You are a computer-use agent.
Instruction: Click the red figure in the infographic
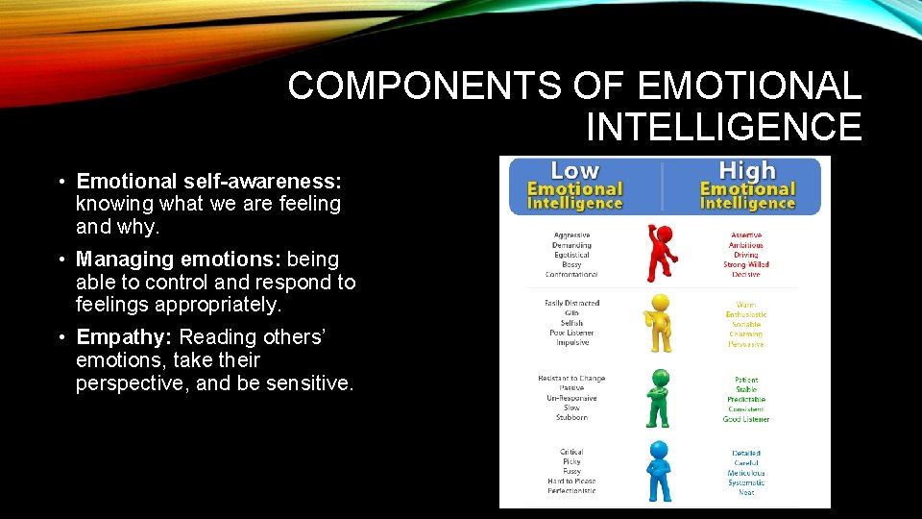pyautogui.click(x=661, y=252)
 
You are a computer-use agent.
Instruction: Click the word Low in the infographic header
pyautogui.click(x=574, y=171)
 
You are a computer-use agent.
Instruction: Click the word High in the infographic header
pyautogui.click(x=746, y=171)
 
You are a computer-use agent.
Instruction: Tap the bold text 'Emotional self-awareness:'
pyautogui.click(x=209, y=182)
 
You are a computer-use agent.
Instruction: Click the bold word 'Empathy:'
pyautogui.click(x=125, y=337)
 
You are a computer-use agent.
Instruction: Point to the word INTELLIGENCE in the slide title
pyautogui.click(x=723, y=127)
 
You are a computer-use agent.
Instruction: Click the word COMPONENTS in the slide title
pyautogui.click(x=424, y=86)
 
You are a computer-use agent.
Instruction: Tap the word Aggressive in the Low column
pyautogui.click(x=571, y=235)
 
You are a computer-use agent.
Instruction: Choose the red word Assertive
pyautogui.click(x=746, y=235)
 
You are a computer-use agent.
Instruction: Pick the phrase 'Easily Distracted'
pyautogui.click(x=571, y=304)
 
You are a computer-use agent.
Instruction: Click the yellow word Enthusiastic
pyautogui.click(x=746, y=315)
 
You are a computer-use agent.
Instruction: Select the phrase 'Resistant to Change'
pyautogui.click(x=571, y=379)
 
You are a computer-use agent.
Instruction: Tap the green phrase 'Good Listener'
pyautogui.click(x=746, y=419)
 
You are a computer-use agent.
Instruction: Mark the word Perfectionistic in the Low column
pyautogui.click(x=571, y=491)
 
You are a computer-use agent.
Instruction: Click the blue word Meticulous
pyautogui.click(x=746, y=473)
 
